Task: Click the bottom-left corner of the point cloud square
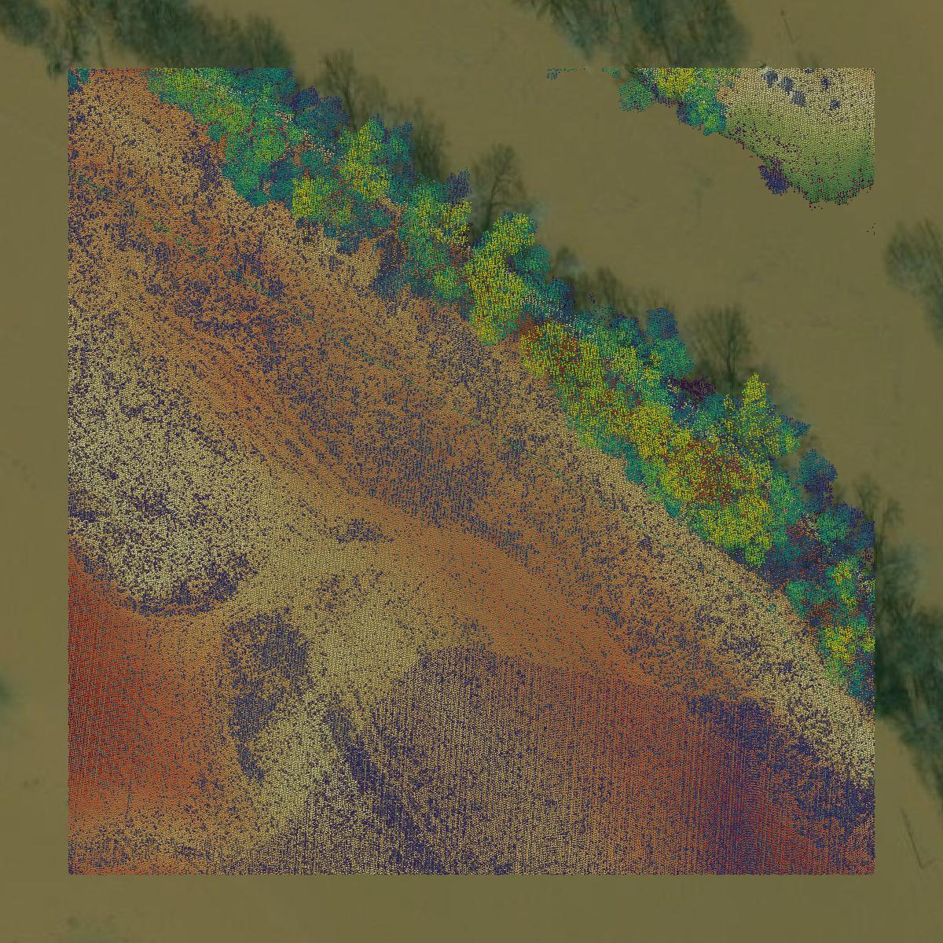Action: (x=69, y=873)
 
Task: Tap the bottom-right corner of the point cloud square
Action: (x=874, y=873)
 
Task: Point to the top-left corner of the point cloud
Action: (x=69, y=70)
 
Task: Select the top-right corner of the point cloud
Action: (x=874, y=70)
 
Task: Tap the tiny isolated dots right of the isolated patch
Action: (x=871, y=229)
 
